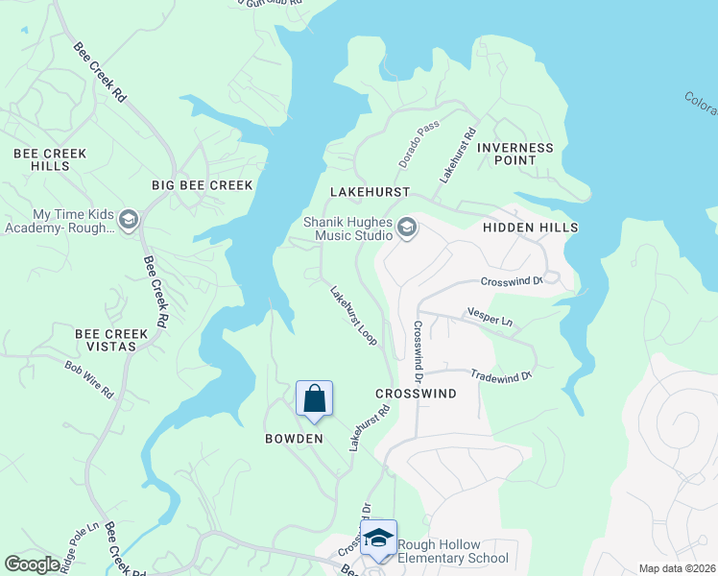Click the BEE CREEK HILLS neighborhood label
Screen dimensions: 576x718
point(50,159)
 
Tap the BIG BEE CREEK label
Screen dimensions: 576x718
point(203,185)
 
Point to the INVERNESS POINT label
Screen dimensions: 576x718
point(515,154)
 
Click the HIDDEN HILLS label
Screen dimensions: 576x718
point(531,228)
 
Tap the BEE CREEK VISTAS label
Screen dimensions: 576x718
point(112,340)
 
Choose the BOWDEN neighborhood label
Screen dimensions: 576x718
point(294,439)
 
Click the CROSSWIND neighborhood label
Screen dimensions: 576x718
point(416,394)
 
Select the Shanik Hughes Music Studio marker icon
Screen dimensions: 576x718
point(407,228)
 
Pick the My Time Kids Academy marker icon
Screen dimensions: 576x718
point(130,220)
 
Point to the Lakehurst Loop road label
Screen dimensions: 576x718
point(353,316)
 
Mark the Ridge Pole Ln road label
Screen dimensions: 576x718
point(80,547)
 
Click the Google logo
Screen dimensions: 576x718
point(32,564)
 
